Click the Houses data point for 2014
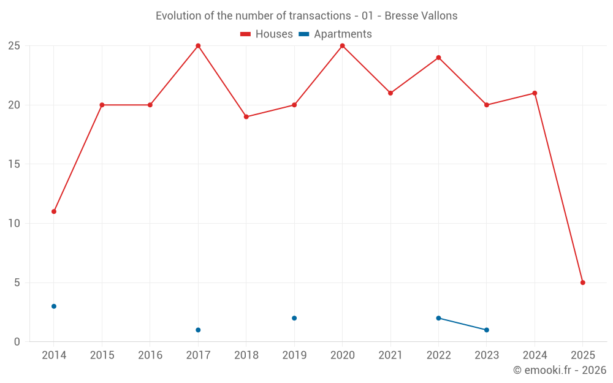54,211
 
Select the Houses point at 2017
198,46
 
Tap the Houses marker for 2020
342,46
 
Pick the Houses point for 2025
582,283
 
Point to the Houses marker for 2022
438,58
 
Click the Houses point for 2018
246,116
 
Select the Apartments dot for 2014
54,306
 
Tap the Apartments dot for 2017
198,330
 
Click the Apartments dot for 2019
294,318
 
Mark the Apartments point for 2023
486,330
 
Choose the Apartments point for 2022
438,318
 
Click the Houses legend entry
267,34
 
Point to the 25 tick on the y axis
13,46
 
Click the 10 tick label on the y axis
13,223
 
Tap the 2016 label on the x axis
150,355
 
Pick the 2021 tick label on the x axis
390,355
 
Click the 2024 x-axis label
535,355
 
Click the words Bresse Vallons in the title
421,16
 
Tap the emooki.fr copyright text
559,370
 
